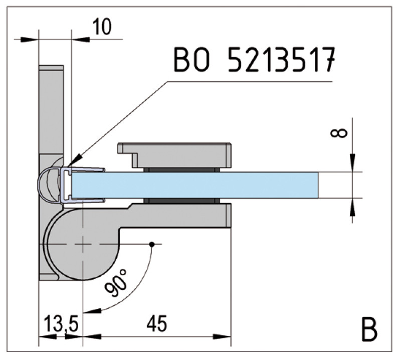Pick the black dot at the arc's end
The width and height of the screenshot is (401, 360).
click(152, 244)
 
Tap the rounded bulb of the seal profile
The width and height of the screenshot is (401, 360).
click(48, 186)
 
